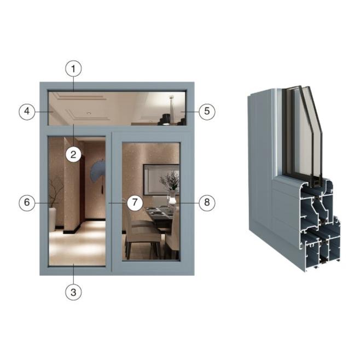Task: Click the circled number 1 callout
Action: pos(73,68)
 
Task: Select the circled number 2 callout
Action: pos(73,154)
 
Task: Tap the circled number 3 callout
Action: pos(73,292)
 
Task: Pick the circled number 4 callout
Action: pos(27,112)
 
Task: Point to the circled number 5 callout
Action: pos(207,112)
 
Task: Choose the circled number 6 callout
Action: pos(27,202)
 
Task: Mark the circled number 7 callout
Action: pos(135,202)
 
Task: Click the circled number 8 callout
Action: pos(207,202)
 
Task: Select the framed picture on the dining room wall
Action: pos(161,179)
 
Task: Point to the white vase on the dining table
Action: pos(172,199)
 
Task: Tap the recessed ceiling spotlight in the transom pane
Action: pos(89,113)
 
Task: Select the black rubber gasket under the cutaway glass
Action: pos(316,181)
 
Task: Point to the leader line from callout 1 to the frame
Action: pos(73,84)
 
